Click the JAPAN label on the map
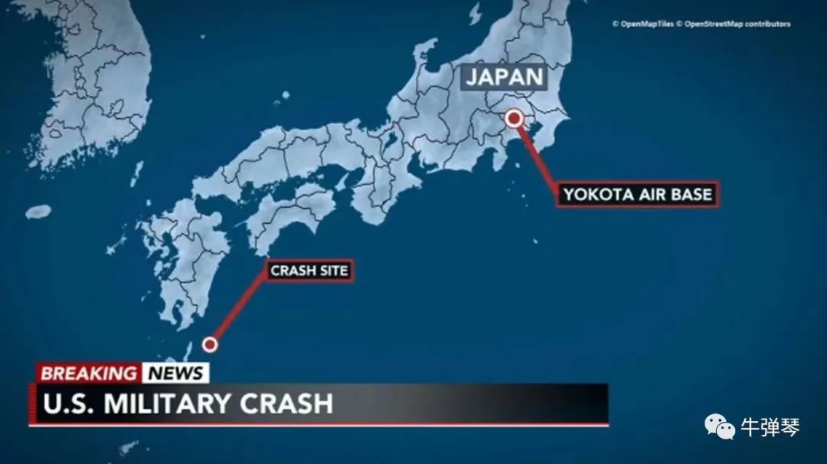coord(505,77)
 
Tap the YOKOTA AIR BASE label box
coord(637,195)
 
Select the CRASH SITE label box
coord(309,271)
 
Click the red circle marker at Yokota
coord(515,117)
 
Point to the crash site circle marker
coord(210,345)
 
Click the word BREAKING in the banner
coord(89,374)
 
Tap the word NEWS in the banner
coord(176,374)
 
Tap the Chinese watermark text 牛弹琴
coord(770,427)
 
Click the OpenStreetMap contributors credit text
coord(737,24)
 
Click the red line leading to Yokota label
coord(538,160)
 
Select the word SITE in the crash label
coord(330,271)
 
